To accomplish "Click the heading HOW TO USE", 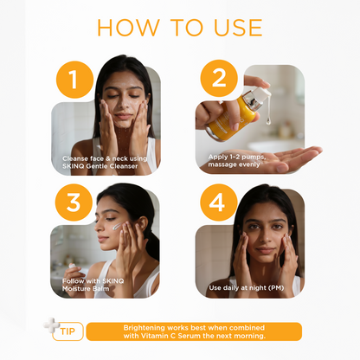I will [179, 26].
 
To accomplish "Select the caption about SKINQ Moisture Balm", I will [89, 284].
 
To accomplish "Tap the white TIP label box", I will [68, 333].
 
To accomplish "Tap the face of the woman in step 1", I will [126, 104].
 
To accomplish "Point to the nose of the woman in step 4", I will [254, 232].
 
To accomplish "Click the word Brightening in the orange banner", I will [145, 327].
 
